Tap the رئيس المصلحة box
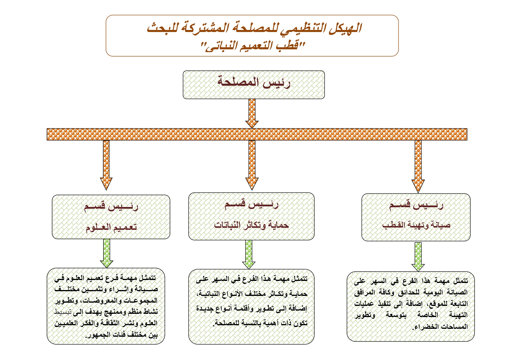point(254,84)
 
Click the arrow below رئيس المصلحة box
point(252,113)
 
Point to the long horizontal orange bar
point(257,134)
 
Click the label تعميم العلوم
point(111,227)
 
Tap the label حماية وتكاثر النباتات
point(251,225)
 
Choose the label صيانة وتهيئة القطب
point(416,225)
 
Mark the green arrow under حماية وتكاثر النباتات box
point(249,254)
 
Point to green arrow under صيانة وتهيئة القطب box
point(418,256)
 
